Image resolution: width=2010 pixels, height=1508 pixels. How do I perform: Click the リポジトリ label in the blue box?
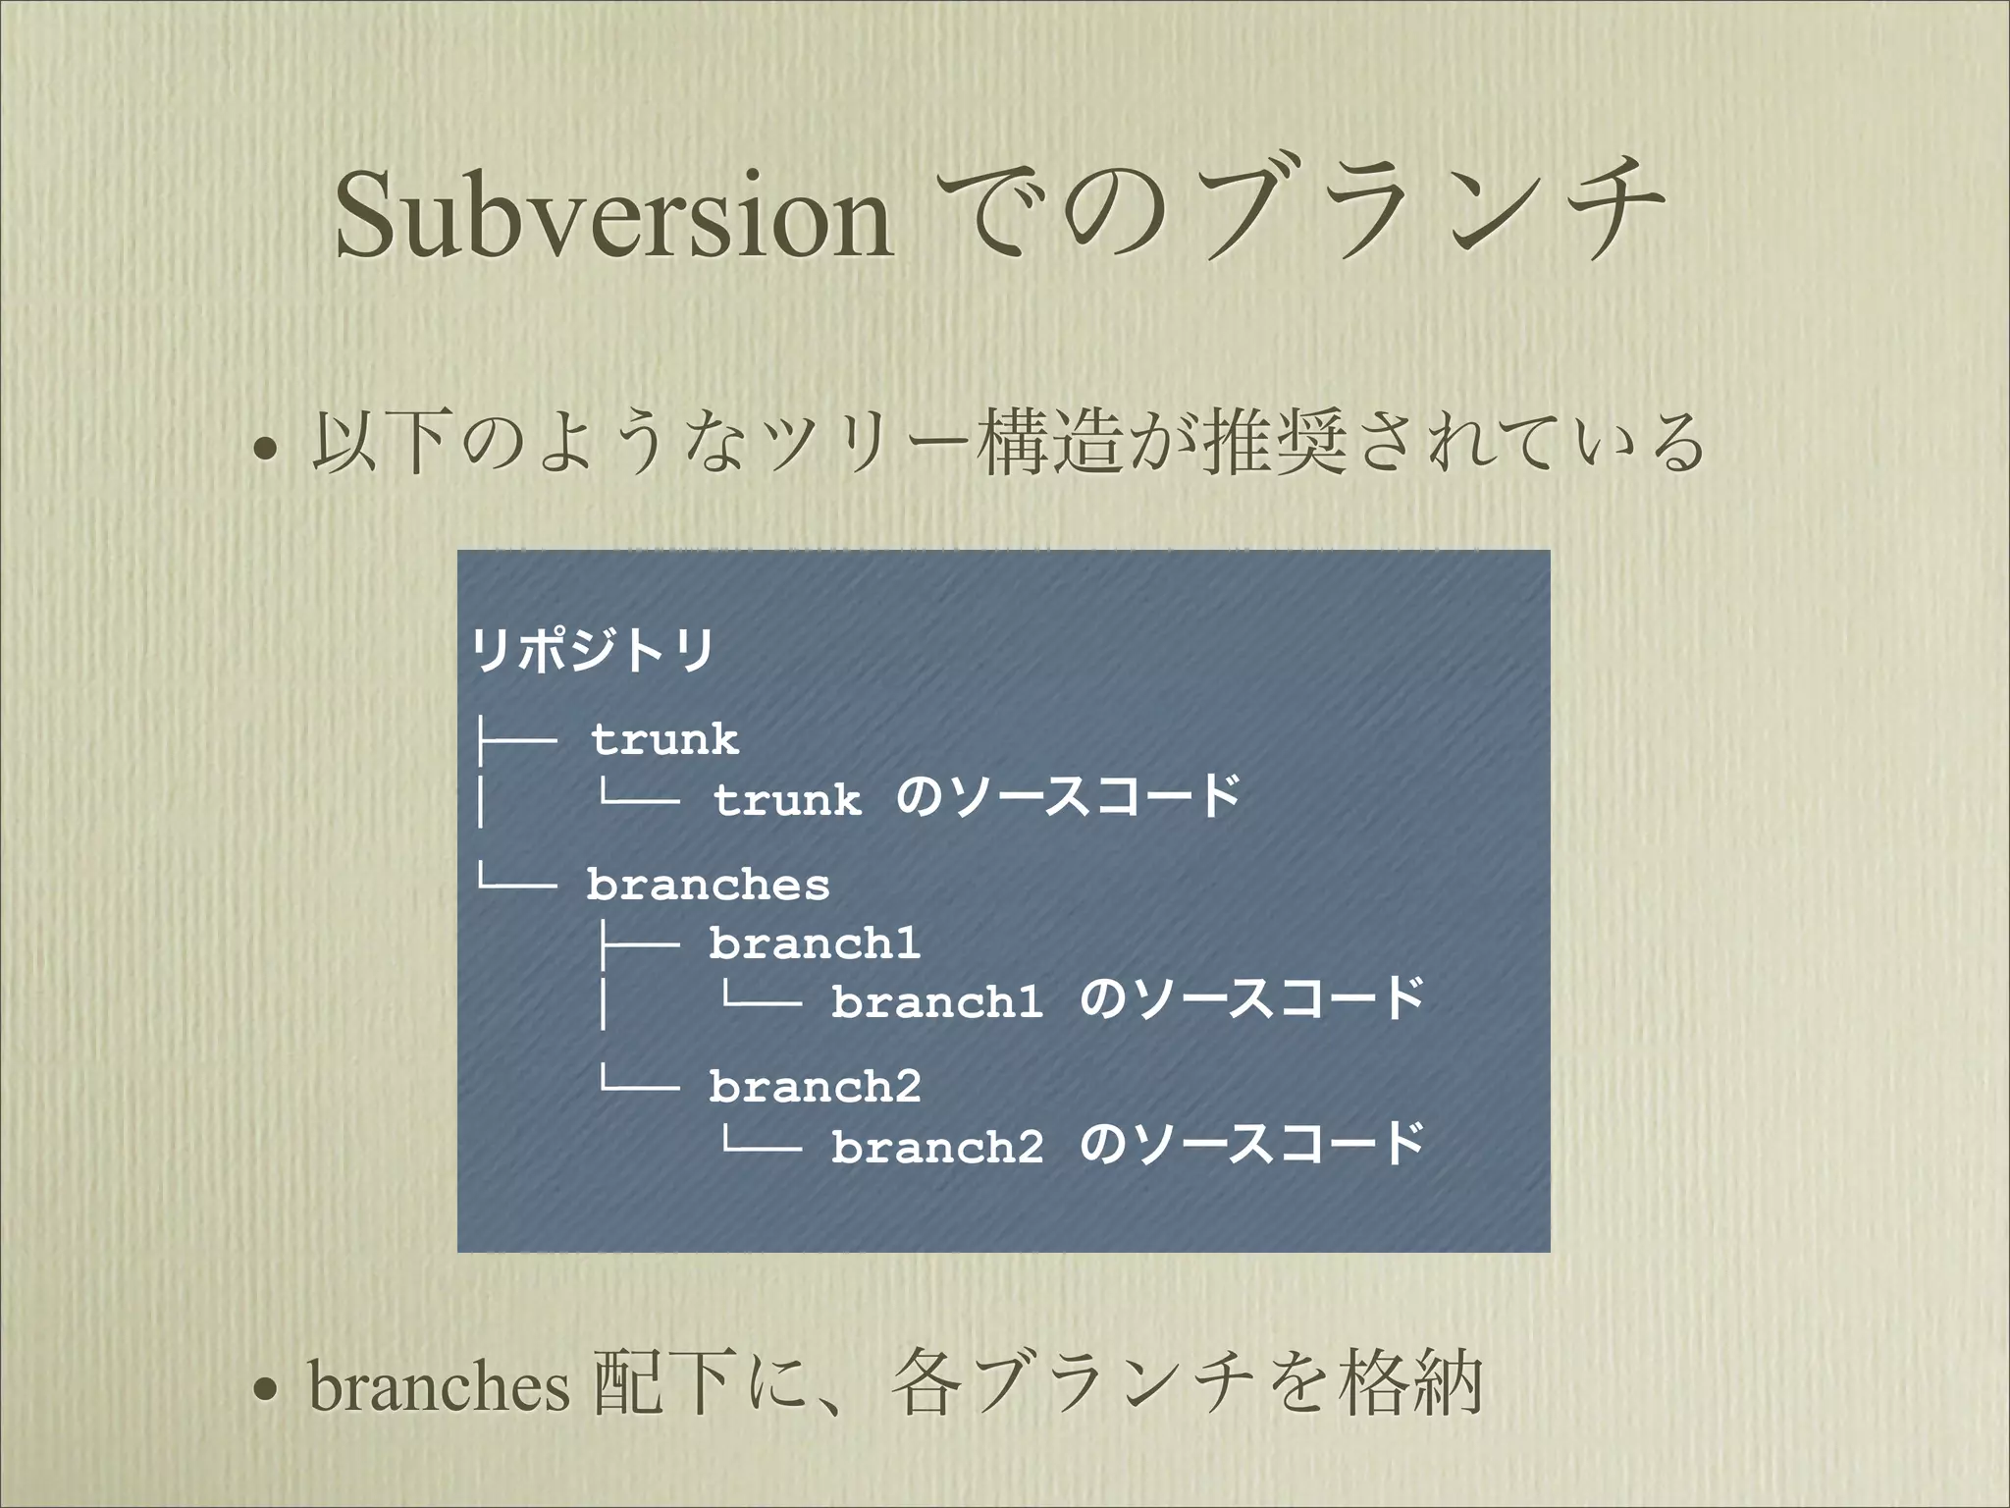[x=593, y=650]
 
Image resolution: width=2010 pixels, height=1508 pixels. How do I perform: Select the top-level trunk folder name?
[x=664, y=739]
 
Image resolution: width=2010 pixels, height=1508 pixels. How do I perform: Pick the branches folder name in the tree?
[x=708, y=885]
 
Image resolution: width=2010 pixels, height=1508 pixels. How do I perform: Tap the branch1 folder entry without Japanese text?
[x=815, y=943]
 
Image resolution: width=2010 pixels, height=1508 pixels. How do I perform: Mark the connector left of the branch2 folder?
[x=638, y=1082]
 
